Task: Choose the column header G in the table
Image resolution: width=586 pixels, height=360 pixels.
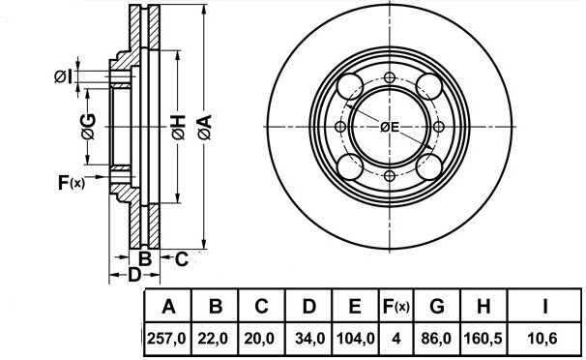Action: [436, 308]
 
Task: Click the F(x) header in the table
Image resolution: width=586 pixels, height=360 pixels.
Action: [395, 308]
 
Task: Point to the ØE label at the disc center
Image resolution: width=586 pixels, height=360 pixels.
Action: [390, 127]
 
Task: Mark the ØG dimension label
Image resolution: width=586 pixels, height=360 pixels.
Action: [88, 126]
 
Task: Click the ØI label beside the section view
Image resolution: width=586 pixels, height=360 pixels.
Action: [63, 75]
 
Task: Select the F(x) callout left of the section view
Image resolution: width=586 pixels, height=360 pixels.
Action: [72, 181]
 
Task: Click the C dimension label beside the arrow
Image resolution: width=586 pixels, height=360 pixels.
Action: [181, 257]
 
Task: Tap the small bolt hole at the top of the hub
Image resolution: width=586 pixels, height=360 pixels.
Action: [390, 78]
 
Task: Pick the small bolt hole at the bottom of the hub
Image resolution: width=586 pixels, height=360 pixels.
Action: [390, 175]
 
